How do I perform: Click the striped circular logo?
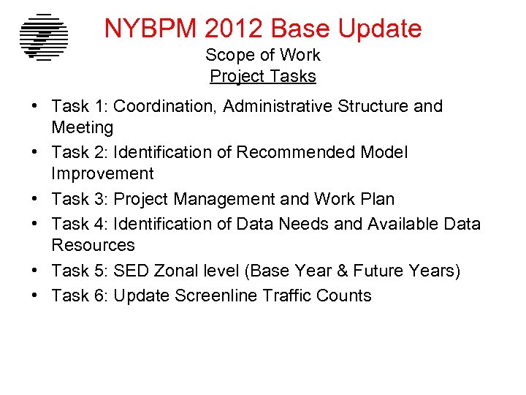click(x=44, y=37)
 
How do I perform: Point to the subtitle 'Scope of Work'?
click(x=262, y=55)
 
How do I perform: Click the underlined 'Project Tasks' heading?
click(x=262, y=76)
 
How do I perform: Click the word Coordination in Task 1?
click(x=165, y=107)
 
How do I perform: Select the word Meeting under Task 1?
click(x=83, y=128)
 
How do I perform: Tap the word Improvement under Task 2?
click(x=102, y=174)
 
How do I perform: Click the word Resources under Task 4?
click(x=93, y=245)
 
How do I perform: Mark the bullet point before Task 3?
click(x=35, y=199)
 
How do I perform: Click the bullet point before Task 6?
click(x=35, y=296)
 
